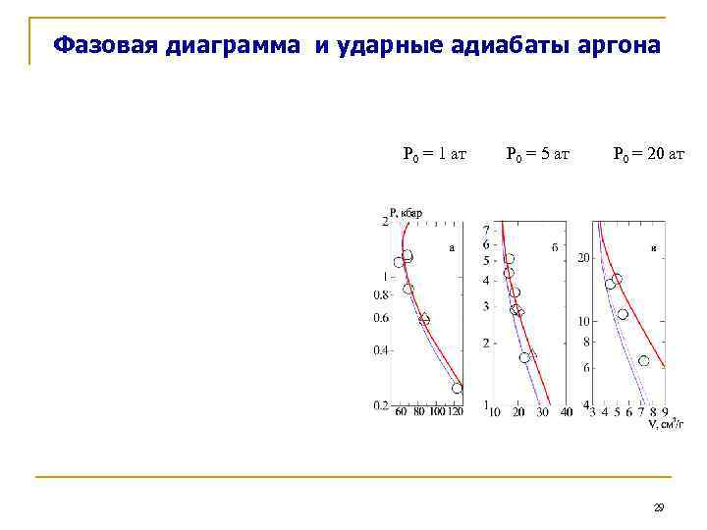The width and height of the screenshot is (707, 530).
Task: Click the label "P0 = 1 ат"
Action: coord(434,154)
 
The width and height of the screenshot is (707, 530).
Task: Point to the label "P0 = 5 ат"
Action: coord(537,154)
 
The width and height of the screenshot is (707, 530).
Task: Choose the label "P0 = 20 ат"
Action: coord(648,154)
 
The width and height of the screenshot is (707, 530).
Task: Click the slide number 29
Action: coord(659,507)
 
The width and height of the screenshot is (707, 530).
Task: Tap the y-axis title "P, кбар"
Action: coord(406,211)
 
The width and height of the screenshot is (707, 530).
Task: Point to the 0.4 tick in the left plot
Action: coord(380,350)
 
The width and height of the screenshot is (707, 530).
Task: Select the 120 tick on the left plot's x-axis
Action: coord(457,412)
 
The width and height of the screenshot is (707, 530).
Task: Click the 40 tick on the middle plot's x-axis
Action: coord(568,412)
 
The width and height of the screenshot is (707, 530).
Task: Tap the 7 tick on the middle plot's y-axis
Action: coord(485,231)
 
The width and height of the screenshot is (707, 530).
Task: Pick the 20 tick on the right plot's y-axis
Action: coord(582,258)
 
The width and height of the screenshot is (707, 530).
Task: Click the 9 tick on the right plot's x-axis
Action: coord(665,412)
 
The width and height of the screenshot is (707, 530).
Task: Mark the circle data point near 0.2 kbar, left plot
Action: coord(457,389)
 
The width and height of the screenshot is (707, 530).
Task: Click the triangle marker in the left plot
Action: coord(424,319)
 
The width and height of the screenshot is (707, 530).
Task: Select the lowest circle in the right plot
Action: coord(643,361)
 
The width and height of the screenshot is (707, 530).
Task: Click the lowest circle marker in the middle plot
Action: coord(524,358)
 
